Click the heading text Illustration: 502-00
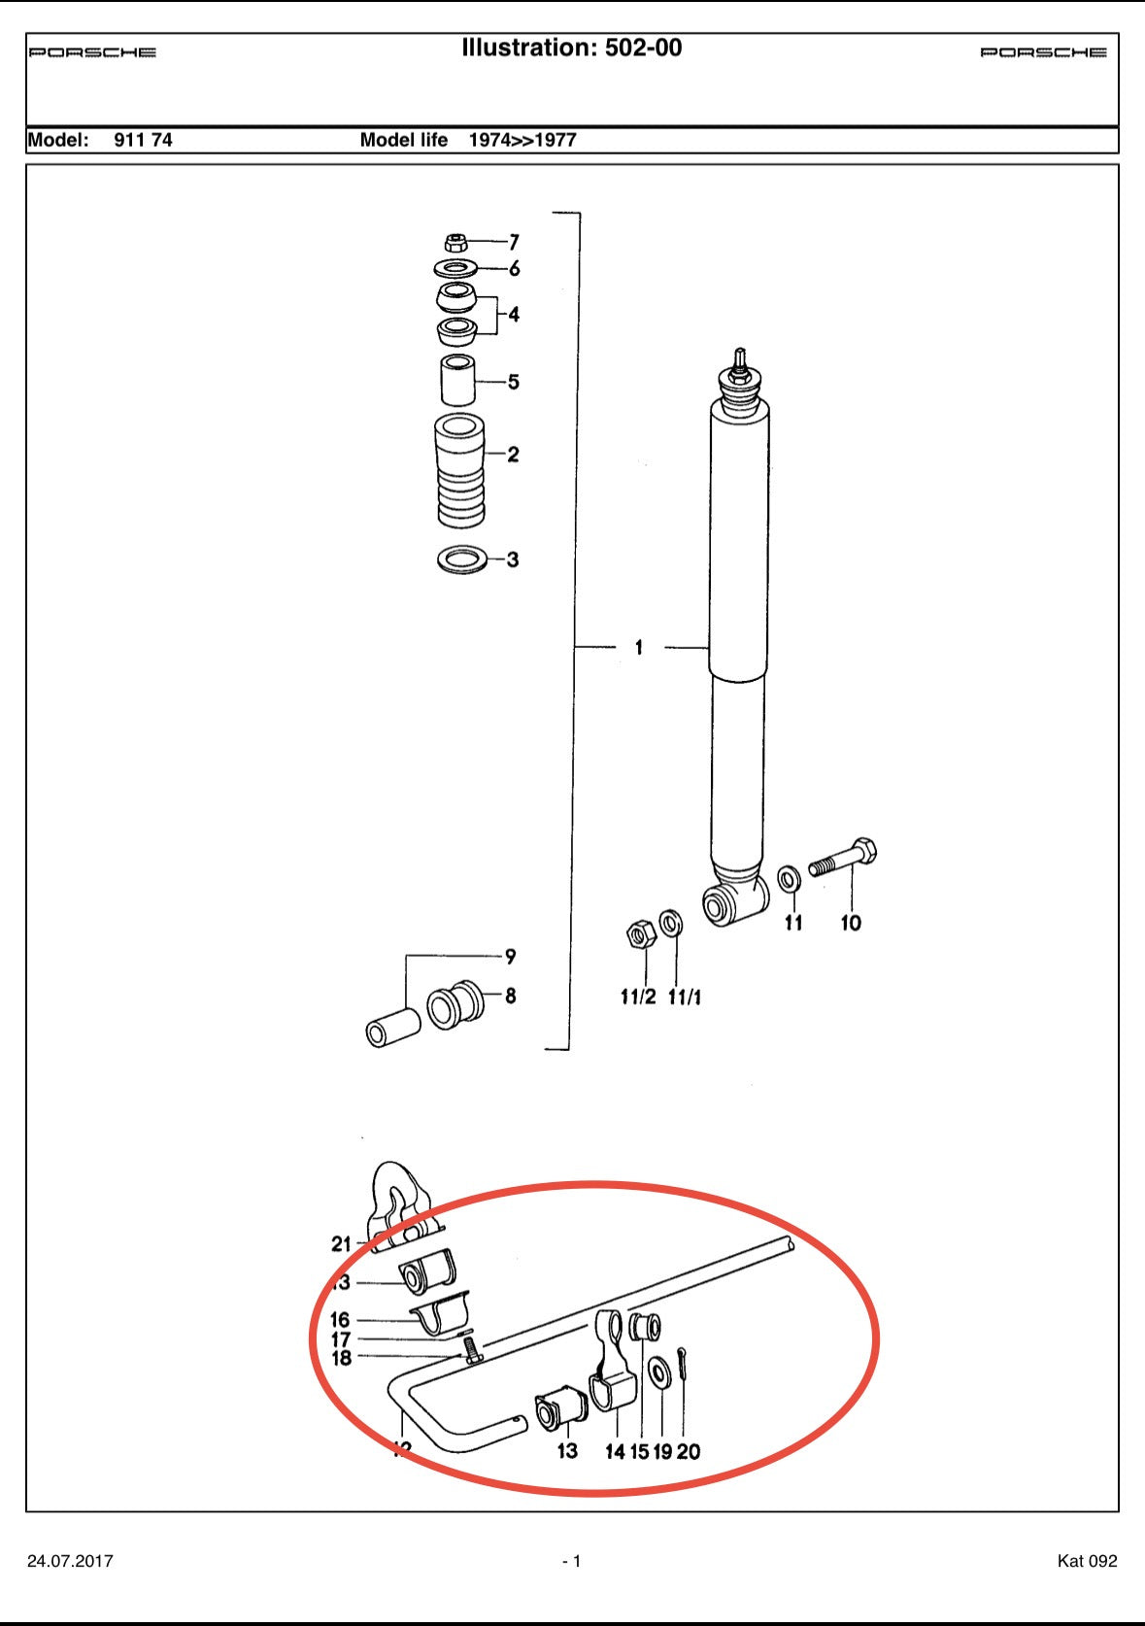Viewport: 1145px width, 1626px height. pyautogui.click(x=571, y=48)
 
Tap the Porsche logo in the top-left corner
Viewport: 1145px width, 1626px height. pyautogui.click(x=92, y=52)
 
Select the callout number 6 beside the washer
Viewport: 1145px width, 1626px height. pyautogui.click(x=514, y=268)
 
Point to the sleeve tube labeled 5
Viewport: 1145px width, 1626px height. pyautogui.click(x=459, y=381)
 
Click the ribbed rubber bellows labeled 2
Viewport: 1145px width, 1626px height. pyautogui.click(x=460, y=471)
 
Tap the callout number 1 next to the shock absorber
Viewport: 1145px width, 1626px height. pyautogui.click(x=638, y=647)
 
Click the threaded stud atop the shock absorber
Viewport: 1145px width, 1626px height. pyautogui.click(x=740, y=359)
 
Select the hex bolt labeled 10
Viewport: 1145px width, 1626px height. pyautogui.click(x=845, y=859)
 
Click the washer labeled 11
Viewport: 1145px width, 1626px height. pyautogui.click(x=790, y=879)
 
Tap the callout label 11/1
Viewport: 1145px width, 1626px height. pyautogui.click(x=684, y=997)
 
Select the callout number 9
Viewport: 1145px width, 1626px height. pyautogui.click(x=510, y=957)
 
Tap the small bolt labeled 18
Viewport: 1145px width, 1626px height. pyautogui.click(x=472, y=1350)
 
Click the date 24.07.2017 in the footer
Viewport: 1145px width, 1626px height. pyautogui.click(x=70, y=1561)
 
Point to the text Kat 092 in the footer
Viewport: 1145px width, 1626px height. pyautogui.click(x=1087, y=1561)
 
